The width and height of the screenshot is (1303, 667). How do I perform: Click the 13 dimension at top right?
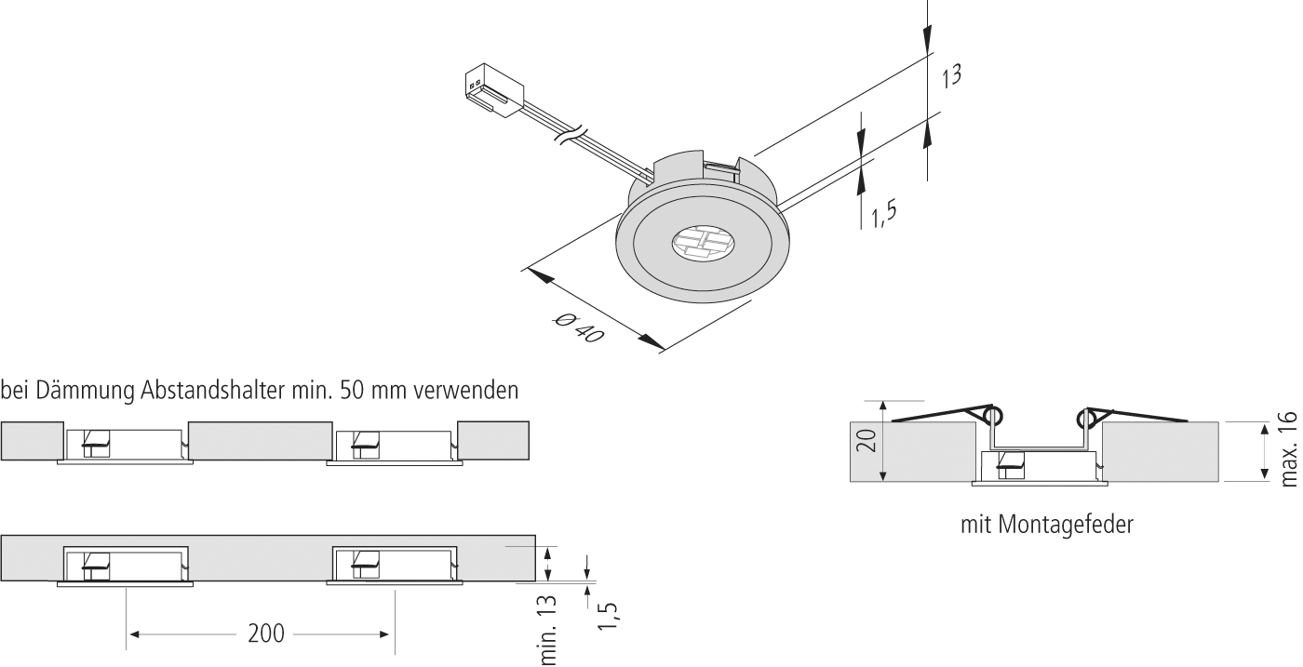point(949,76)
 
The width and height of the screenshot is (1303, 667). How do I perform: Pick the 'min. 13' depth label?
point(548,630)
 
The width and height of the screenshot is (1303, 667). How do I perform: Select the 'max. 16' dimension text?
point(1288,448)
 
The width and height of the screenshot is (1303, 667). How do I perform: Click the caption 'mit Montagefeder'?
point(1047,525)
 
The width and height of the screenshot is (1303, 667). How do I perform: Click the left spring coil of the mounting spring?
point(992,416)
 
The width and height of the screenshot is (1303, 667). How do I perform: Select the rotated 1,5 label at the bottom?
point(610,616)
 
